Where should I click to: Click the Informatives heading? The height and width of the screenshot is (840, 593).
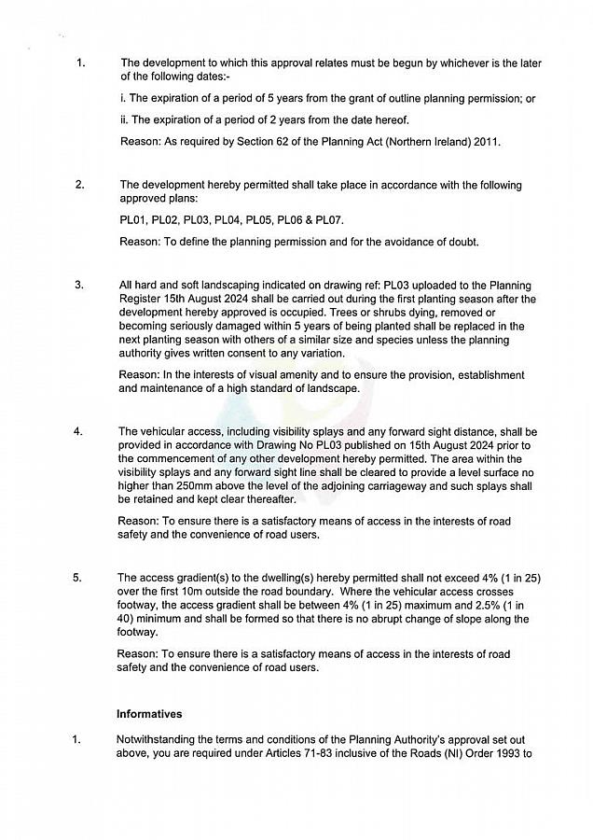pos(149,714)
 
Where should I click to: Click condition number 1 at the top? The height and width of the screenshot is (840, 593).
pos(81,63)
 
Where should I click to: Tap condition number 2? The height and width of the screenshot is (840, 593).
pos(79,185)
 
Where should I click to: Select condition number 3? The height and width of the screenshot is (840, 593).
pos(79,285)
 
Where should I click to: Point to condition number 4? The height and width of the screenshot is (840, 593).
pos(78,431)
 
